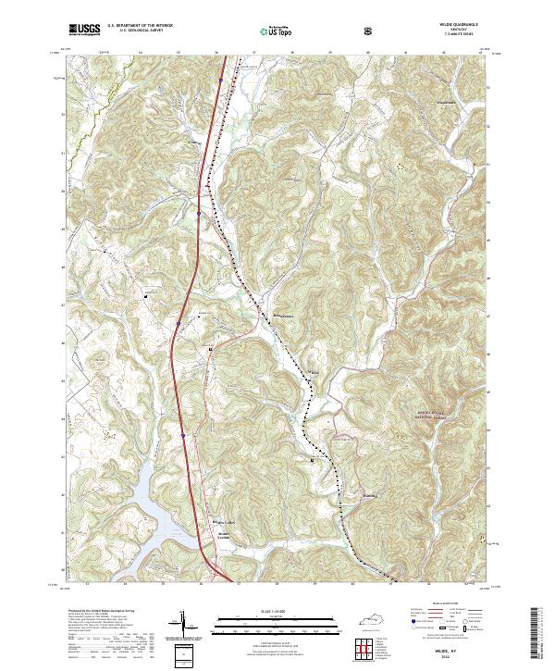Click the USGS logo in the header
click(x=84, y=30)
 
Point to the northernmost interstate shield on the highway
click(x=199, y=213)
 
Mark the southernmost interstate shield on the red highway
click(x=184, y=432)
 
